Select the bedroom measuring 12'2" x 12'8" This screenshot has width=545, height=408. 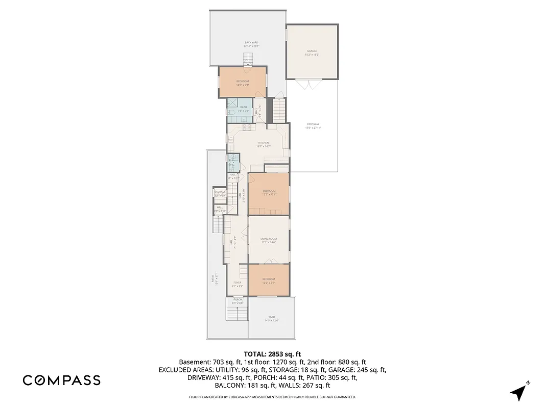tap(269, 192)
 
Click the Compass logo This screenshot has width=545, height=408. tap(61, 380)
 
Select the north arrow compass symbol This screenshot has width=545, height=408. tap(519, 391)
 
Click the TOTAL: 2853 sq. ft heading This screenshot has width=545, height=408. tap(272, 353)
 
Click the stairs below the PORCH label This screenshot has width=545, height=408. tap(238, 312)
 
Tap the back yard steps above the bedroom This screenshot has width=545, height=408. tap(248, 61)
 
